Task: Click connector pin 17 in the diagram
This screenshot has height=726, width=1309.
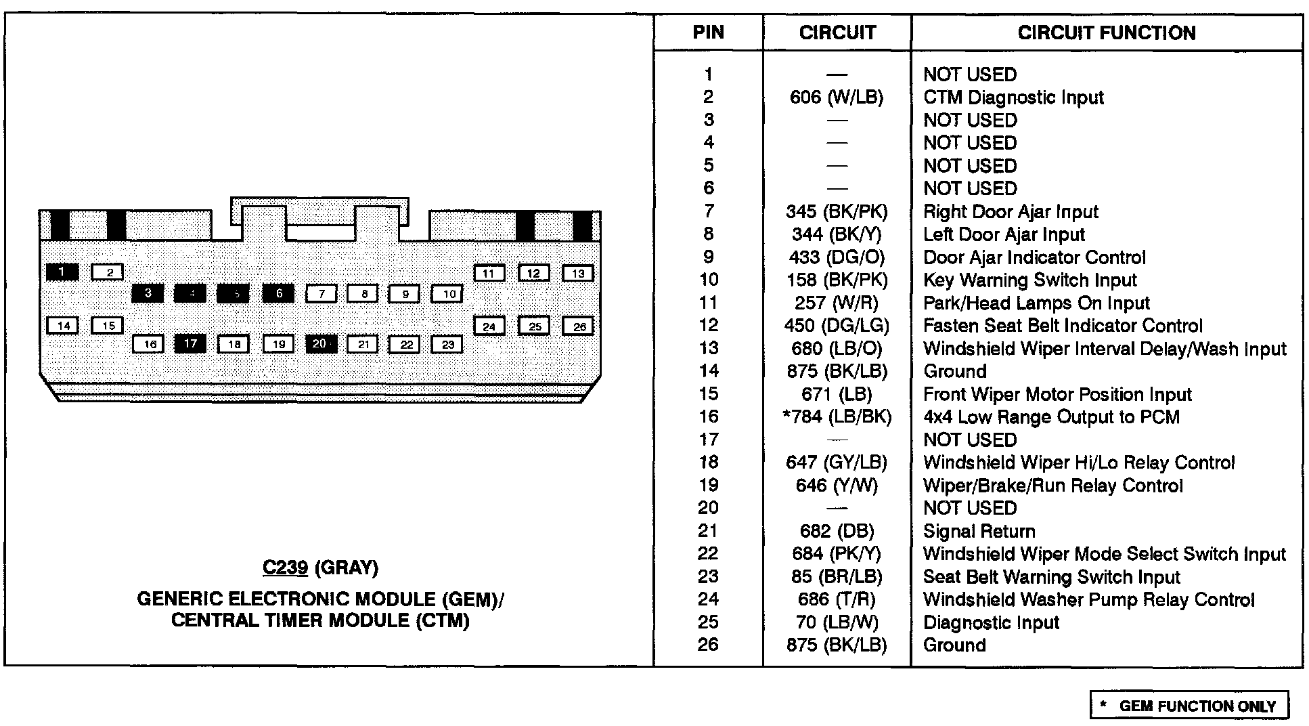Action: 190,344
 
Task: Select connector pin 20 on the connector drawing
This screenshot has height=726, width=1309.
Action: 320,344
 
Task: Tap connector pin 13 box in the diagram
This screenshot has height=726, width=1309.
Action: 578,274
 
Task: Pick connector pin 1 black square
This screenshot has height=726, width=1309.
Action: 62,272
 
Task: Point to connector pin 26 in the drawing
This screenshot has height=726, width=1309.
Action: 579,326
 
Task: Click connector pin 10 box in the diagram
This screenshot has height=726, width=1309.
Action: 448,294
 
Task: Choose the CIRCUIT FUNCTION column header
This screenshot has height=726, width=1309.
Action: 1106,33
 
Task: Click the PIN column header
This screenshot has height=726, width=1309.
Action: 708,33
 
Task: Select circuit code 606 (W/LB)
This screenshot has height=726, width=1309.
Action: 837,98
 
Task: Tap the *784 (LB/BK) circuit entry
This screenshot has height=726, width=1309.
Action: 837,417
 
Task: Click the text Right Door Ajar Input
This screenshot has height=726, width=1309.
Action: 1011,212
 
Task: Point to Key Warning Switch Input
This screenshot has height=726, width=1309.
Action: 1029,280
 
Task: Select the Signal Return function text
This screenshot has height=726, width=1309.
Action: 979,532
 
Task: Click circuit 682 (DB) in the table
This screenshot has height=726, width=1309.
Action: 837,532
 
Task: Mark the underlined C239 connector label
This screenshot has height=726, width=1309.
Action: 285,568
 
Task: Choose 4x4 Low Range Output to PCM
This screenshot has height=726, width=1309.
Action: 1051,417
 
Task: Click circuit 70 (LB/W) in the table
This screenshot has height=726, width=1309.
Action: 837,622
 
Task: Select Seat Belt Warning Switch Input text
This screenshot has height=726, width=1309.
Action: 1051,577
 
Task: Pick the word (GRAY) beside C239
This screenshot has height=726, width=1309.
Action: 347,568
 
